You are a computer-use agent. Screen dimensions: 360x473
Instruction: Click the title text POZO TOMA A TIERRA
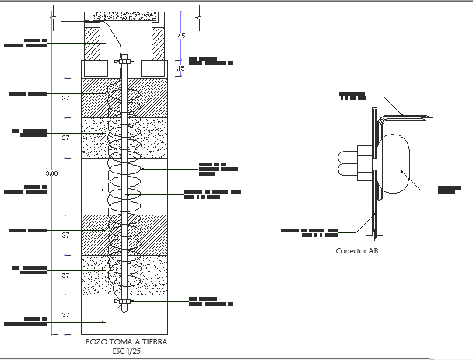click(125, 341)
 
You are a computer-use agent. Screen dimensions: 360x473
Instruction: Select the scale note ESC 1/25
click(125, 350)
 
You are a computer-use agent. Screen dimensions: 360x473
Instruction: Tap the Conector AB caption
click(357, 251)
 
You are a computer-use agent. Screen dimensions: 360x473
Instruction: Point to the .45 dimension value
click(181, 36)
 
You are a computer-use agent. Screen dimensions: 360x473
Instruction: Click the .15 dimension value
click(180, 68)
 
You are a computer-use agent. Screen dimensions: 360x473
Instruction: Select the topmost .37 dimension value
click(65, 97)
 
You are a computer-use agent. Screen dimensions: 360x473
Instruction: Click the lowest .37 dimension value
click(65, 315)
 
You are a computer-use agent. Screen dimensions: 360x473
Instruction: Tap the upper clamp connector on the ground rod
click(124, 60)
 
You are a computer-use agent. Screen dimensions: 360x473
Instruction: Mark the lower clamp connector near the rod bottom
click(124, 301)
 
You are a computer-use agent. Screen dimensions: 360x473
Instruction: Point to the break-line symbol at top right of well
click(200, 12)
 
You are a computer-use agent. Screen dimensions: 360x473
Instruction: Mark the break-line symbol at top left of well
click(52, 12)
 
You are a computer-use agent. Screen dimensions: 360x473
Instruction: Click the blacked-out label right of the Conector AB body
click(449, 189)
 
